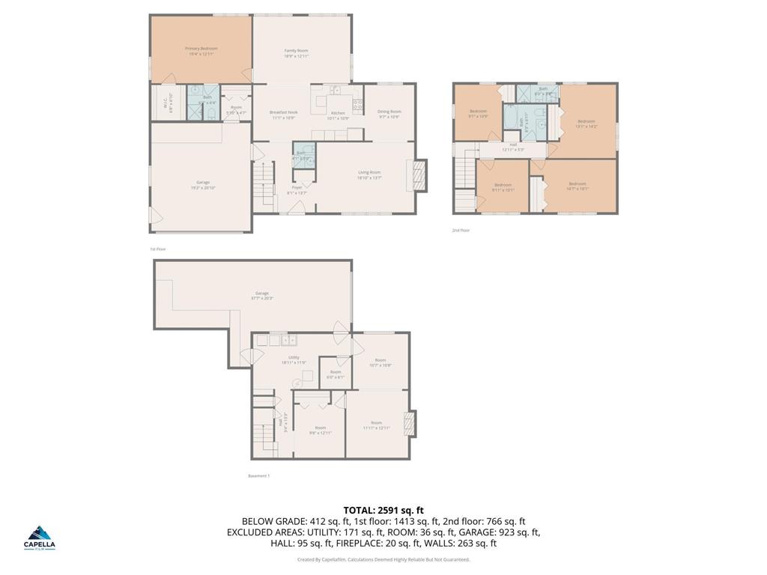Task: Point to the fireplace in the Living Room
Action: tap(420, 177)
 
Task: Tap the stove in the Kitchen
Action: tap(358, 104)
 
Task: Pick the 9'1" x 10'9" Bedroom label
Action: tap(478, 114)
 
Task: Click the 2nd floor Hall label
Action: tap(513, 147)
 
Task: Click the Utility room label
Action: tap(294, 360)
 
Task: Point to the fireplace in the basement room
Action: tap(409, 423)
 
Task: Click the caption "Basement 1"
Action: tap(258, 475)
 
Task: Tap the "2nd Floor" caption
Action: tap(461, 231)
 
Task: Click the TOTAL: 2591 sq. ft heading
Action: tap(383, 510)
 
